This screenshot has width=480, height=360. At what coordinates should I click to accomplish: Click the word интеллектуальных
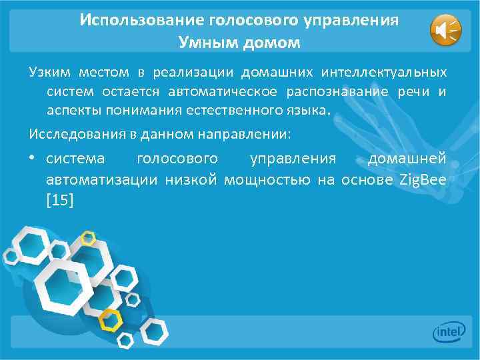coord(384,72)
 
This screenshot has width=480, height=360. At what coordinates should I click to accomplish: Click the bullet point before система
coord(33,160)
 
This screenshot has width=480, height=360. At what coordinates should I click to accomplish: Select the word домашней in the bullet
coord(407,159)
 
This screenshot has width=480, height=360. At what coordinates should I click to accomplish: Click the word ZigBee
coord(422,179)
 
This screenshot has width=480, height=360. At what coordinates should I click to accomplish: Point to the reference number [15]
coord(61,199)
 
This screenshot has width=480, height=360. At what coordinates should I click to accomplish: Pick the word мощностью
coord(267,179)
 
